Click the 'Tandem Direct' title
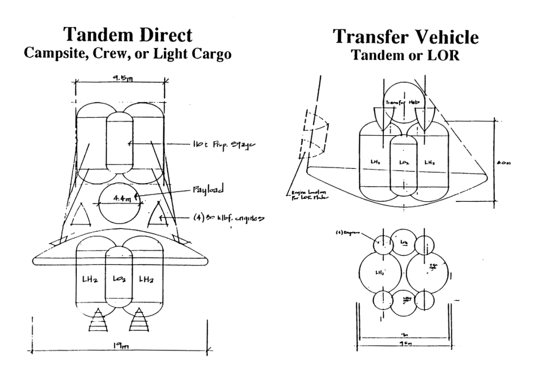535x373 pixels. (127, 35)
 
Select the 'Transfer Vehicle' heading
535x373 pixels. (405, 37)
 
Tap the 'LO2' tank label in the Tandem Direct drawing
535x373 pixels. (118, 281)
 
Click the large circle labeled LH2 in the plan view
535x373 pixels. (380, 272)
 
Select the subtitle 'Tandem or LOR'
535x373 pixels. (405, 55)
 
